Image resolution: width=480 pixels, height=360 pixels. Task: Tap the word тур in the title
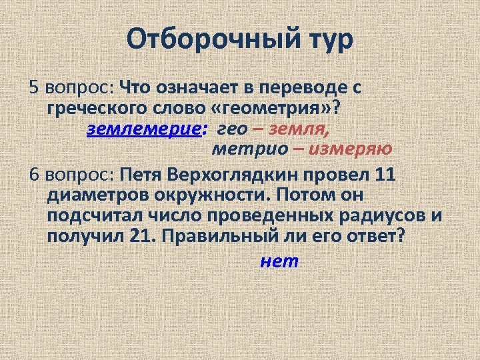click(323, 41)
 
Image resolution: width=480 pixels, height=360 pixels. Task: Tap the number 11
click(385, 175)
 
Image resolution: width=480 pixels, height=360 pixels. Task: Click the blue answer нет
click(280, 261)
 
